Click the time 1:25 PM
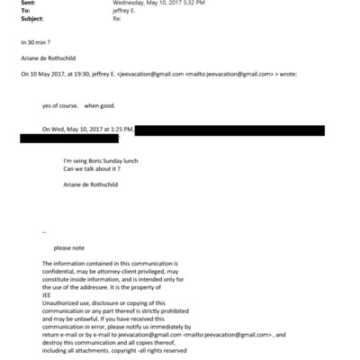121,130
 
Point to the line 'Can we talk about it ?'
93,169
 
